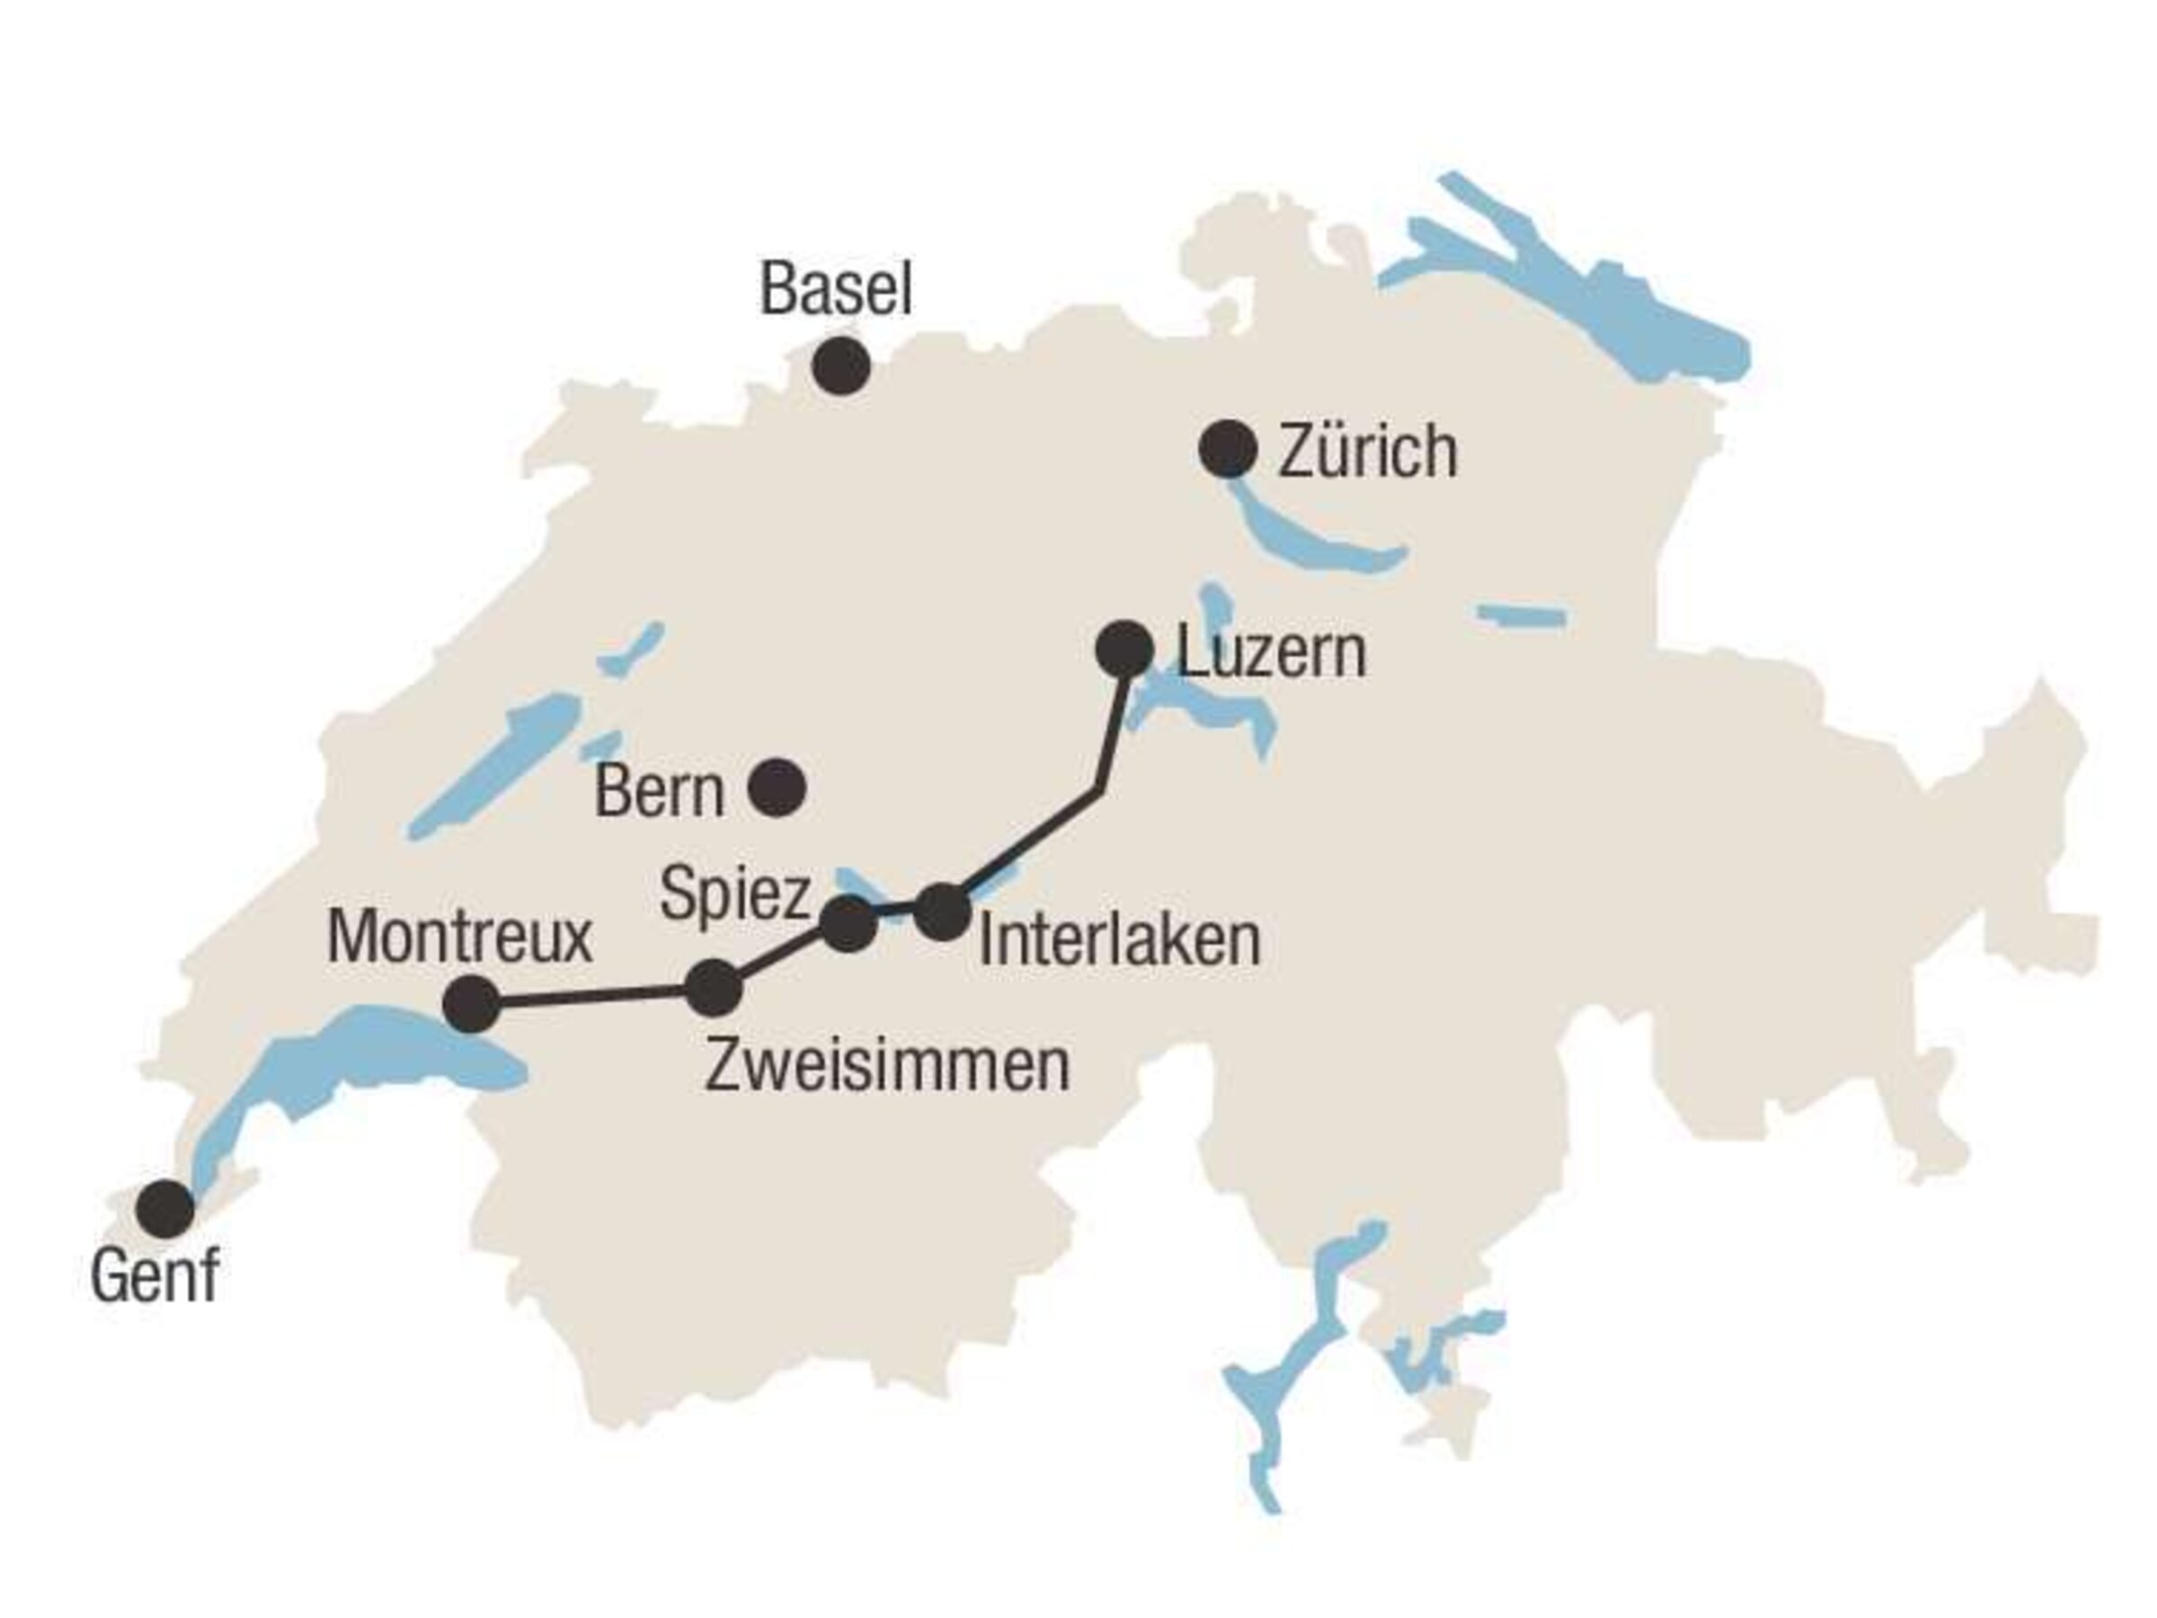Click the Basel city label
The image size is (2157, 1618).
[x=836, y=289]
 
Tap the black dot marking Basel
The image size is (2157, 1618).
[x=841, y=366]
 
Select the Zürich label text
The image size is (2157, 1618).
[x=1367, y=451]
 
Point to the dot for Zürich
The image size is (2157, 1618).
[x=1228, y=449]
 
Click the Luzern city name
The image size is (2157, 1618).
[x=1271, y=653]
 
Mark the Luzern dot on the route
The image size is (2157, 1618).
[x=1124, y=649]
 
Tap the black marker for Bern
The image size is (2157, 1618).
[x=777, y=787]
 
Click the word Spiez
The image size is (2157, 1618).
[x=734, y=894]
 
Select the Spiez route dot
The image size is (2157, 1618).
[x=848, y=922]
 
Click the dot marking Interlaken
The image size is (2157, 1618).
[x=943, y=911]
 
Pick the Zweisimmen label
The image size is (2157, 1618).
[x=886, y=1066]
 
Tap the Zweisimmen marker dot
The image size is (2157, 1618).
[x=714, y=988]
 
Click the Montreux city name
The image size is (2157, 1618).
[x=459, y=938]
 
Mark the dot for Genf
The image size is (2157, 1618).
[x=164, y=1208]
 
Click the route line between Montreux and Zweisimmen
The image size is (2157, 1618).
[x=593, y=996]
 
